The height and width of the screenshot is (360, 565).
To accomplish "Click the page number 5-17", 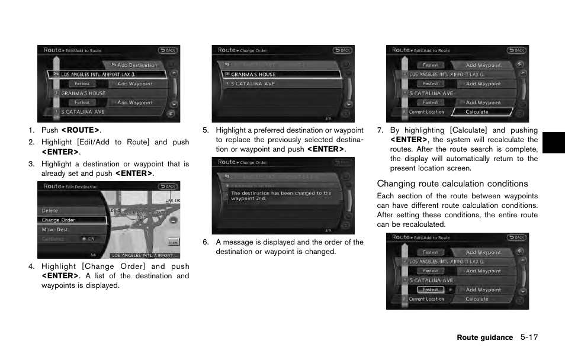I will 529,337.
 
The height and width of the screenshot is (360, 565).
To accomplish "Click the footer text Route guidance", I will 484,337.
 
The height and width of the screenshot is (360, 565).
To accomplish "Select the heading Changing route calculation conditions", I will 452,184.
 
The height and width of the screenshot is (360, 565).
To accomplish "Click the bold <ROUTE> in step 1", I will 81,130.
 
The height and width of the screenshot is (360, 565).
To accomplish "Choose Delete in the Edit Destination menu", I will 50,211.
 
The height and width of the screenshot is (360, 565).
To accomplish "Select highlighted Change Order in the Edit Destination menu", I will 59,220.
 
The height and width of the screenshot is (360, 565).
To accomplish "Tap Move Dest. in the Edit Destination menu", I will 54,230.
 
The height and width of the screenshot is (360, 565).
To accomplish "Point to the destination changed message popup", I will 282,196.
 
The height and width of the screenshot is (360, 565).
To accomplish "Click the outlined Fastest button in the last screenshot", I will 431,290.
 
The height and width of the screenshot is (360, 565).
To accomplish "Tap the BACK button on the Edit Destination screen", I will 168,187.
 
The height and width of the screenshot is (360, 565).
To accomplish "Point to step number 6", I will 206,242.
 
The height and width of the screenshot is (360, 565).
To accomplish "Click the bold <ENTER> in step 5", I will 326,149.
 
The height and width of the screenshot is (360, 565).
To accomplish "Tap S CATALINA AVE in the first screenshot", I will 83,112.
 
